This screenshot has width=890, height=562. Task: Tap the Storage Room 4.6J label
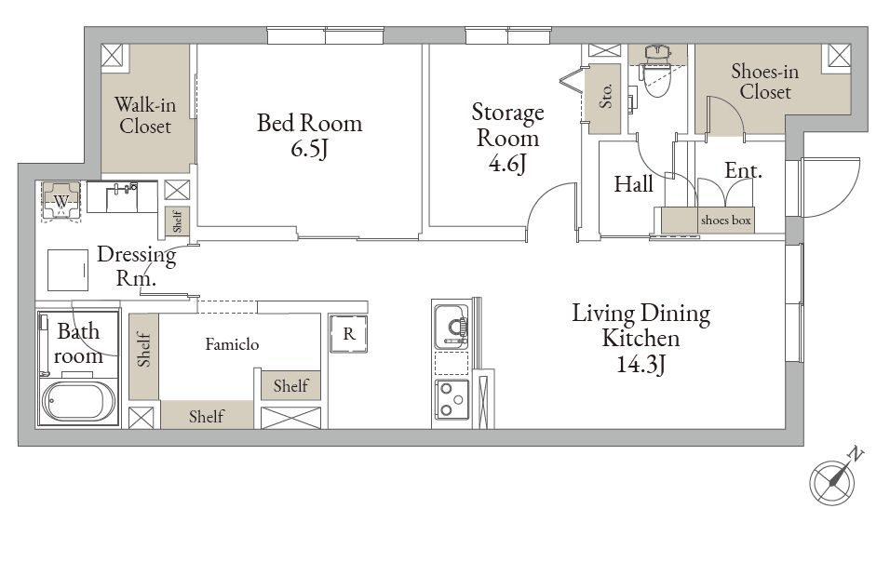(x=507, y=137)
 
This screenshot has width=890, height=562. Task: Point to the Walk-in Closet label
(x=145, y=114)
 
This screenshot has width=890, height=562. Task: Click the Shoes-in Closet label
(x=765, y=81)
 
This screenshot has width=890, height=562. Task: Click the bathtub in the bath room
(x=79, y=402)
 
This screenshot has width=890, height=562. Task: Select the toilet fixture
(x=658, y=72)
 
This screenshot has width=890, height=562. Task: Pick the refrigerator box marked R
(x=348, y=333)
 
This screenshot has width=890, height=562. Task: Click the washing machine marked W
(x=61, y=200)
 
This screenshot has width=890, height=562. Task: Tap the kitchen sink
(x=452, y=328)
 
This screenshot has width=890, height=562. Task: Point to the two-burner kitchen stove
(x=452, y=399)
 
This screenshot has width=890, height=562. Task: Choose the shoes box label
(x=725, y=220)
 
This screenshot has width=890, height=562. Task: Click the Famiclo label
(x=232, y=344)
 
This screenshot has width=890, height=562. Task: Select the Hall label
(x=633, y=183)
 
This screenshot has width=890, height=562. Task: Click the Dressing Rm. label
(x=136, y=265)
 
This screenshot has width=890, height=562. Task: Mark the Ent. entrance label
(x=743, y=170)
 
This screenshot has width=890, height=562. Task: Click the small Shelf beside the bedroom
(x=177, y=221)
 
